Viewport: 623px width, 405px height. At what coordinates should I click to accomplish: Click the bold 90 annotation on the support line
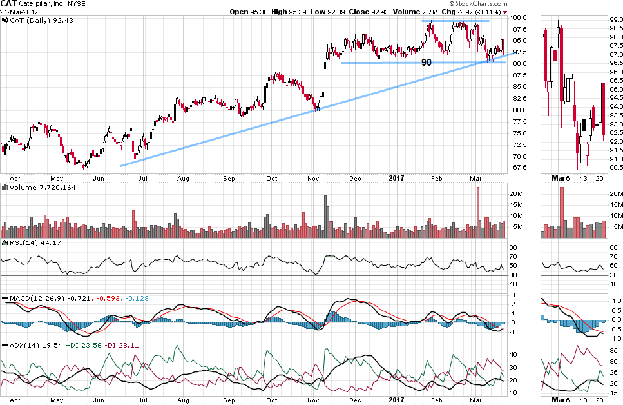coord(426,63)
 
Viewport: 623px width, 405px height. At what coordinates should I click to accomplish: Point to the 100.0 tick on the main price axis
coord(519,18)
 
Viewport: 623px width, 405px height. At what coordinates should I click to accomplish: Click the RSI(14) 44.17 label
coord(25,242)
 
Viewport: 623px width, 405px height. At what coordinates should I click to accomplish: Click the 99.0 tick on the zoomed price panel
coord(615,21)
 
